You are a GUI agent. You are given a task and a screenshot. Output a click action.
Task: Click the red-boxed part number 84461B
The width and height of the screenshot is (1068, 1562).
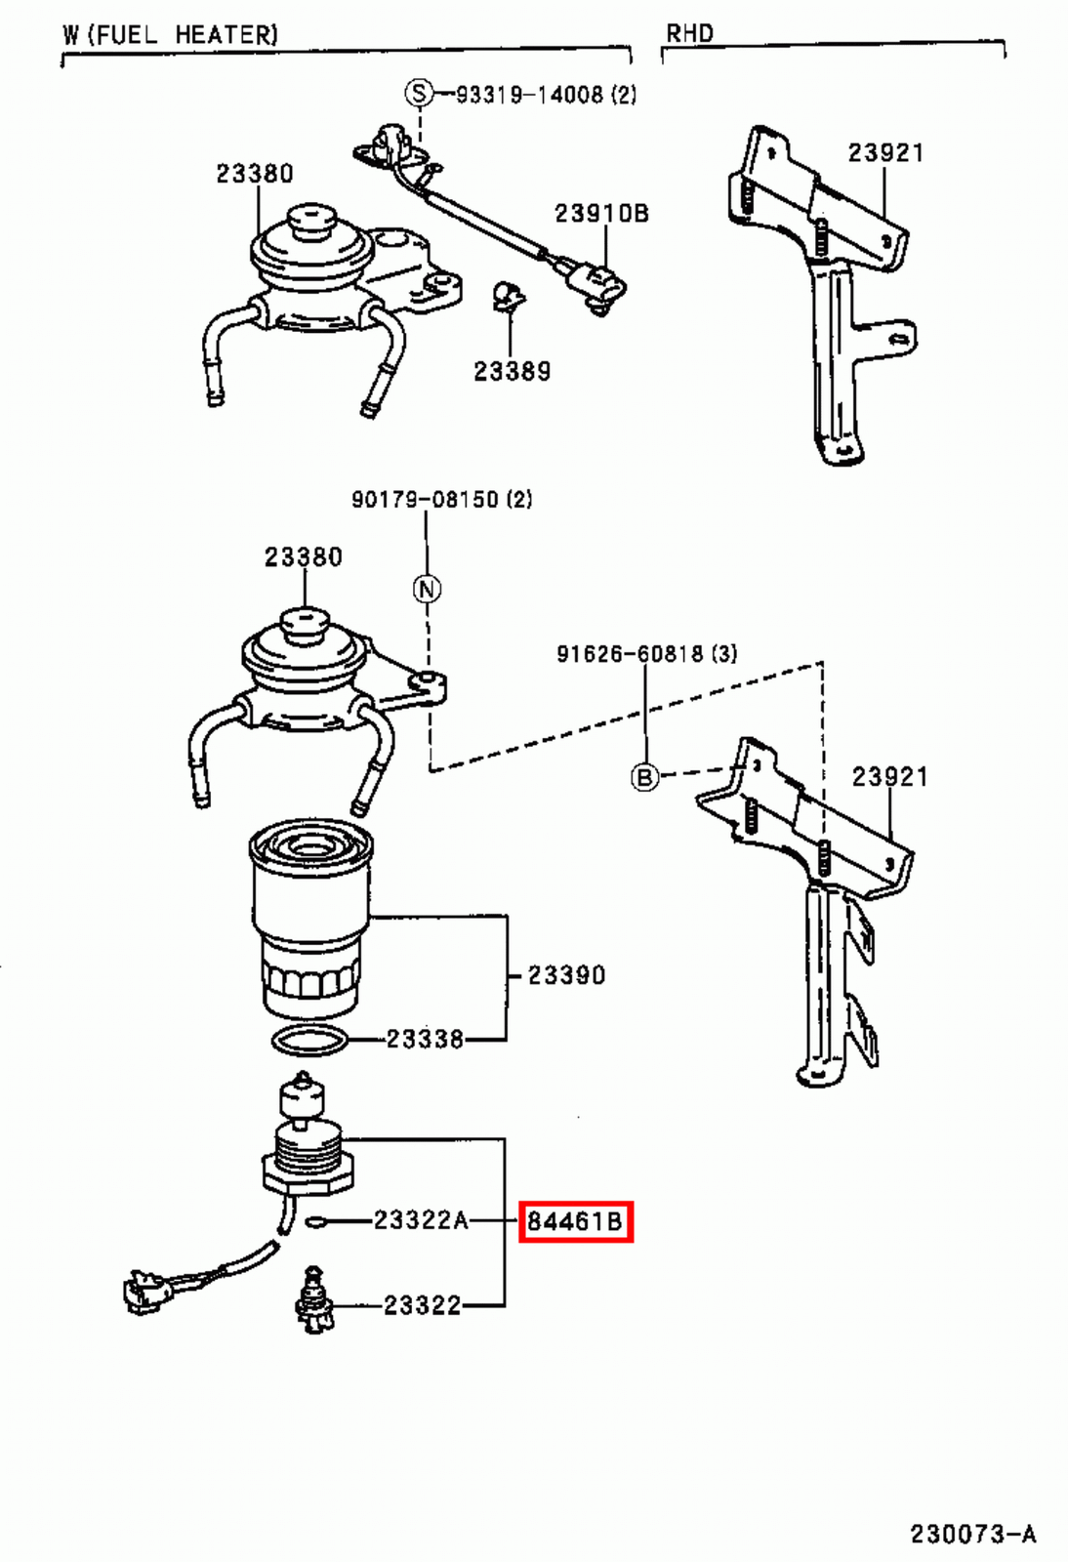(575, 1221)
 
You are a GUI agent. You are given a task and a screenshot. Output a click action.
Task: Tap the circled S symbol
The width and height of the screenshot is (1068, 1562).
(419, 94)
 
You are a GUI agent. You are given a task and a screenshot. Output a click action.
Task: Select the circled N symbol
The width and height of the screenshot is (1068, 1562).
(427, 589)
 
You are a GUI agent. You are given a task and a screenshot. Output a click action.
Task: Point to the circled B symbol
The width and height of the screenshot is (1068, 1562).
(644, 777)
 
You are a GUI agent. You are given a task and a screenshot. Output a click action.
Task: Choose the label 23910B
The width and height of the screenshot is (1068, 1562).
(601, 213)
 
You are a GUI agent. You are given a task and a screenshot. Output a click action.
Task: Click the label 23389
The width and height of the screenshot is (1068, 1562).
(512, 371)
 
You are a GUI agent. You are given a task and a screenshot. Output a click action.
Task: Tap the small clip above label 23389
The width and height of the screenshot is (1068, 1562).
(505, 295)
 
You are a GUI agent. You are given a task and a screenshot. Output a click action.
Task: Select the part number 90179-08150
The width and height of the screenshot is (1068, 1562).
(427, 500)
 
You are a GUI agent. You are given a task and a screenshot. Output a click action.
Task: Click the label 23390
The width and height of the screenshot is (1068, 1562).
(566, 974)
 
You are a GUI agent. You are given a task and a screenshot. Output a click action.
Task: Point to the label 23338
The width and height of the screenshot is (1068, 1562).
(424, 1039)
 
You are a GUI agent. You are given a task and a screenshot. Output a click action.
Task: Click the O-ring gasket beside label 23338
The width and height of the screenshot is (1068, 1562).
(309, 1041)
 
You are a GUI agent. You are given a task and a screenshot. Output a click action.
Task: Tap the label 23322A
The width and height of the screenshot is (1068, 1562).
(421, 1220)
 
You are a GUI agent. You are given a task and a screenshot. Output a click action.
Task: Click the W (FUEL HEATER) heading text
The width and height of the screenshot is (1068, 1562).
(170, 35)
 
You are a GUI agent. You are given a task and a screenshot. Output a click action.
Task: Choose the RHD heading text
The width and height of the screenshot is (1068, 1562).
(689, 34)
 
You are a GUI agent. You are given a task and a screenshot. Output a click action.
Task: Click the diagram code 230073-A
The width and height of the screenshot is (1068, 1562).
(972, 1534)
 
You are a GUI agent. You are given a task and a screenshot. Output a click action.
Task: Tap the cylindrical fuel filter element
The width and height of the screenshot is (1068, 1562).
(311, 918)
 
